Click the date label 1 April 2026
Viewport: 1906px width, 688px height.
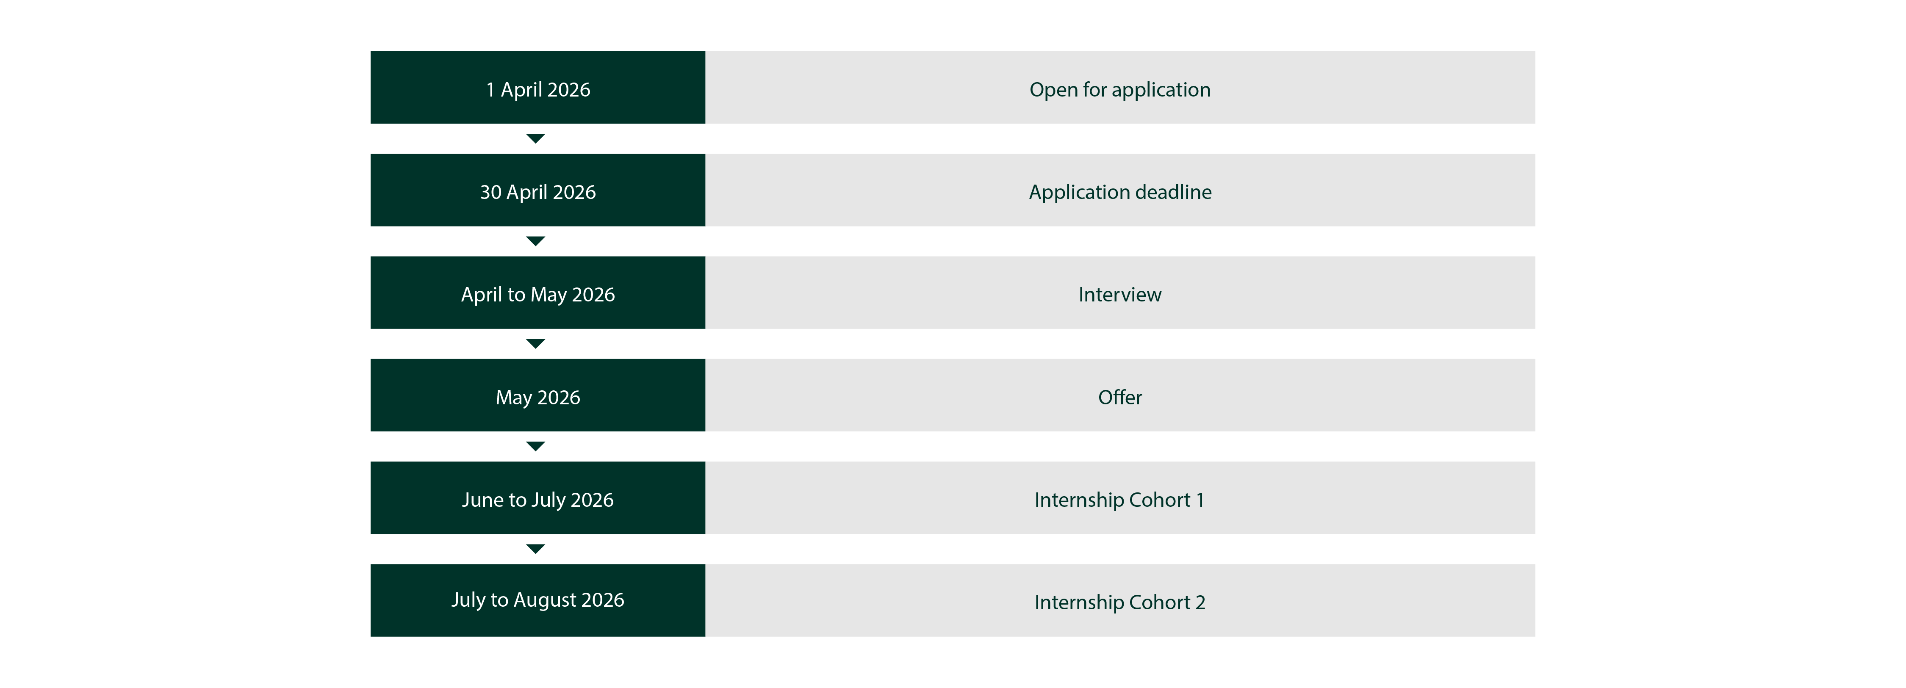[538, 89]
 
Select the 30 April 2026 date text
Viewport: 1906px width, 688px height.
[538, 192]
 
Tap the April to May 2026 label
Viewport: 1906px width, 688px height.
[538, 294]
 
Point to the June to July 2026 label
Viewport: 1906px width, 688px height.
[538, 500]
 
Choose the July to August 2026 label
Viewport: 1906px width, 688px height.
[538, 600]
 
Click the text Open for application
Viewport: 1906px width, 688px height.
[1120, 89]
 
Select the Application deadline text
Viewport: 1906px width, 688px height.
[1120, 192]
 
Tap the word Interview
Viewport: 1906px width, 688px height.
[1120, 294]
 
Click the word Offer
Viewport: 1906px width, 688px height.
[1120, 397]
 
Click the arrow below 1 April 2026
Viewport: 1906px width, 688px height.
[536, 138]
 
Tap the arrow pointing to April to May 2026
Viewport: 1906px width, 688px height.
[536, 241]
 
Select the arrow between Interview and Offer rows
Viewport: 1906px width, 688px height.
[536, 344]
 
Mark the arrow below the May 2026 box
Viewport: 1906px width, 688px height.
[536, 446]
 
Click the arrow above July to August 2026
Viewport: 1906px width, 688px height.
[536, 549]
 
